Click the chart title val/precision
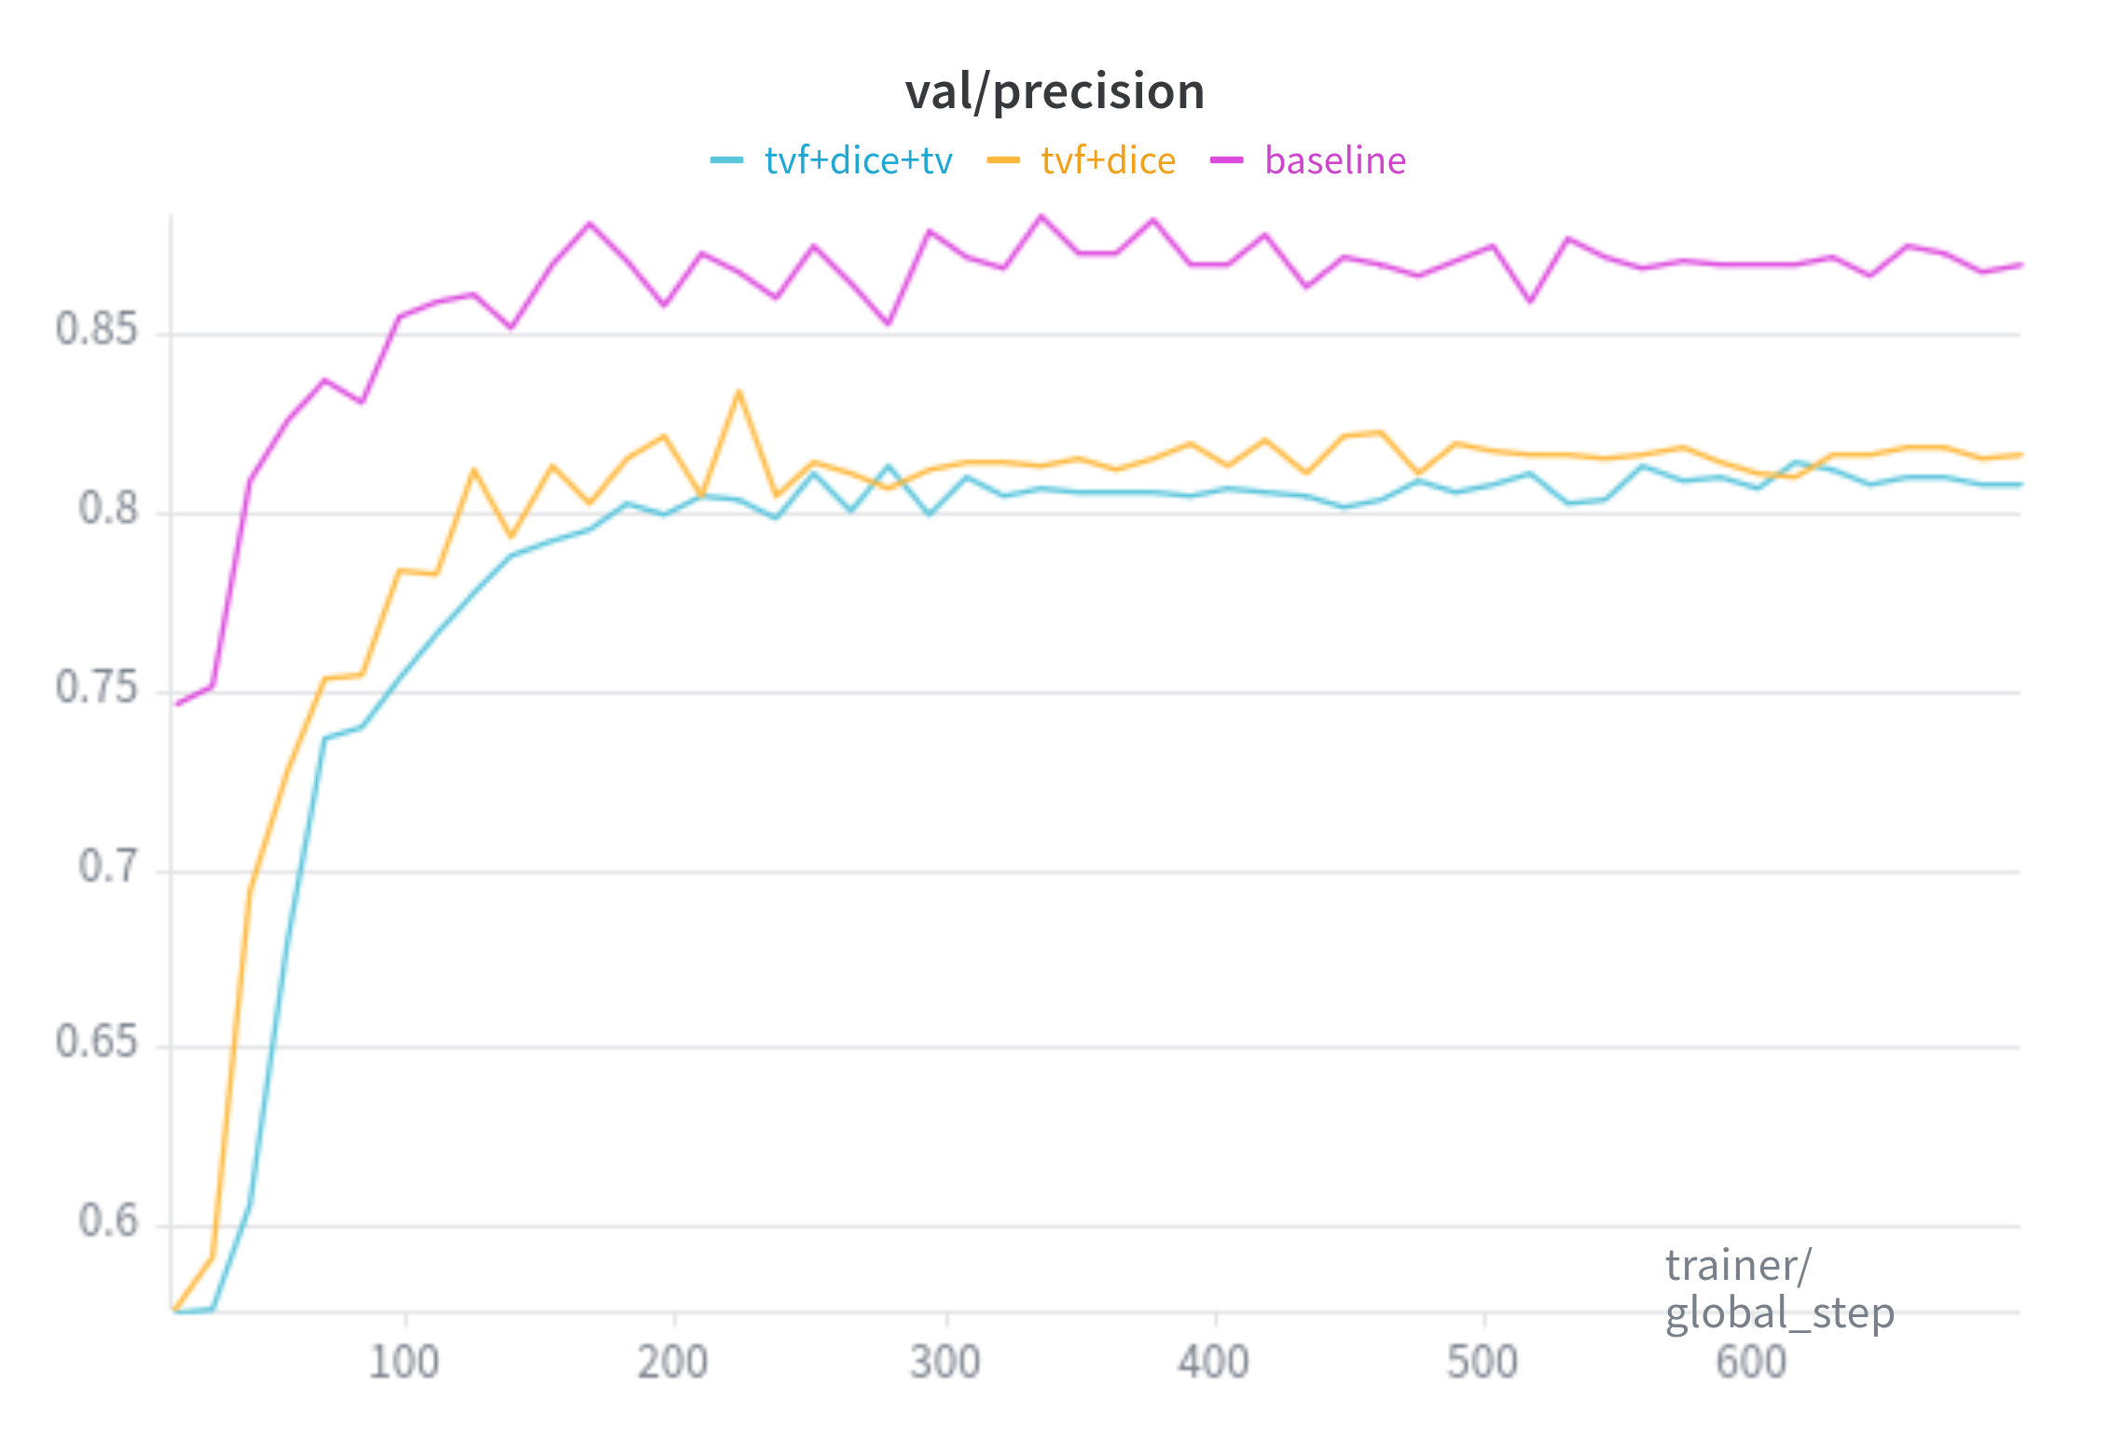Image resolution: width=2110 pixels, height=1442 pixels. pos(1055,91)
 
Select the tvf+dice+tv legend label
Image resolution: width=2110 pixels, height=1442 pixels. pos(858,160)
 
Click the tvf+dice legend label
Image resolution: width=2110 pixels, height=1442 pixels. pos(1108,160)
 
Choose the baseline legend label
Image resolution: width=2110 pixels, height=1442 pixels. pos(1334,160)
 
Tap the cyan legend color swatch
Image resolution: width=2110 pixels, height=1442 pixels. pos(726,160)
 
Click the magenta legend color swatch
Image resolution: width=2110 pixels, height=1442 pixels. pos(1226,160)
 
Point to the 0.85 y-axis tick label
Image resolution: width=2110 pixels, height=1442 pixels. pos(96,329)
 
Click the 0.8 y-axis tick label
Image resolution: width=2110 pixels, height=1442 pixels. pos(107,509)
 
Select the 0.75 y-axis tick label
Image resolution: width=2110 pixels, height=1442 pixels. pos(96,688)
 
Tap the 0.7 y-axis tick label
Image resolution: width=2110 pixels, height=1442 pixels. pos(107,867)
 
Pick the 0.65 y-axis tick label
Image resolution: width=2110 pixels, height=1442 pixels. pos(96,1042)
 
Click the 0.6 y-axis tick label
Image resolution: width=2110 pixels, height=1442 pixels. pos(107,1221)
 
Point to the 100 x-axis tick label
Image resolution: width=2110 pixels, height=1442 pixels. pos(404,1363)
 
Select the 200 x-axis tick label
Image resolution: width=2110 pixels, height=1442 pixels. pos(672,1363)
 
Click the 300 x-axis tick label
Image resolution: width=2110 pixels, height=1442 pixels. pos(945,1363)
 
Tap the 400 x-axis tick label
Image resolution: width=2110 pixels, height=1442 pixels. pos(1213,1363)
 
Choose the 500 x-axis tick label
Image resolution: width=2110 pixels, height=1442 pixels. pos(1482,1363)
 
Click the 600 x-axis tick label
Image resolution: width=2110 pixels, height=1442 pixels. pos(1750,1363)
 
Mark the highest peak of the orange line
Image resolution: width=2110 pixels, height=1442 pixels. pos(738,391)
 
